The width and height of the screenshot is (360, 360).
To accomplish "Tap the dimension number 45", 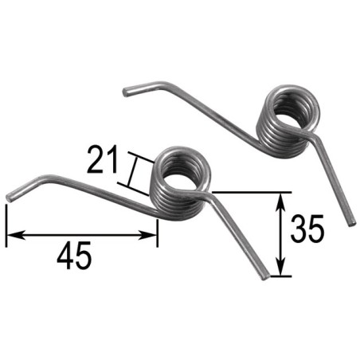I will pos(74,256).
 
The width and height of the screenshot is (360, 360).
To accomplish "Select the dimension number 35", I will pos(307,231).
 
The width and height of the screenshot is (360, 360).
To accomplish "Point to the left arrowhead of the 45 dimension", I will pos(11,235).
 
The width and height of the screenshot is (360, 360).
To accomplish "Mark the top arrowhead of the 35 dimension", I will pos(280,198).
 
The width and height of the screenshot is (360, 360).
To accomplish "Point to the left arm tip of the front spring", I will pos(10,196).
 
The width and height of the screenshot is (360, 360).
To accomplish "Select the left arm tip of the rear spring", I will pos(126,92).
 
